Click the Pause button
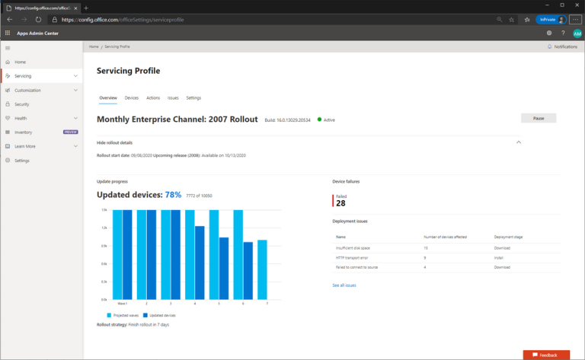pyautogui.click(x=538, y=119)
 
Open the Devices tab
pyautogui.click(x=132, y=98)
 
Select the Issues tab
pyautogui.click(x=173, y=98)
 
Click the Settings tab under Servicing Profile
pyautogui.click(x=193, y=98)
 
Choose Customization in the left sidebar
pyautogui.click(x=27, y=90)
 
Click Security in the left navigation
pyautogui.click(x=22, y=104)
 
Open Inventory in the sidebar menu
pyautogui.click(x=24, y=132)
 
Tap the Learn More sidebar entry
pyautogui.click(x=25, y=146)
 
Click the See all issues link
pyautogui.click(x=344, y=285)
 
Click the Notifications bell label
pyautogui.click(x=564, y=47)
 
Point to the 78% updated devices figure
pyautogui.click(x=173, y=195)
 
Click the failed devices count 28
pyautogui.click(x=340, y=203)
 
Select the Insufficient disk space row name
pyautogui.click(x=353, y=248)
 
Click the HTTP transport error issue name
pyautogui.click(x=352, y=258)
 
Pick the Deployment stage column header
pyautogui.click(x=509, y=237)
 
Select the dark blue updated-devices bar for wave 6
pyautogui.click(x=248, y=270)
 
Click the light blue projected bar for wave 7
pyautogui.click(x=262, y=269)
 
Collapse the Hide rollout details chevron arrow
pyautogui.click(x=519, y=142)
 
